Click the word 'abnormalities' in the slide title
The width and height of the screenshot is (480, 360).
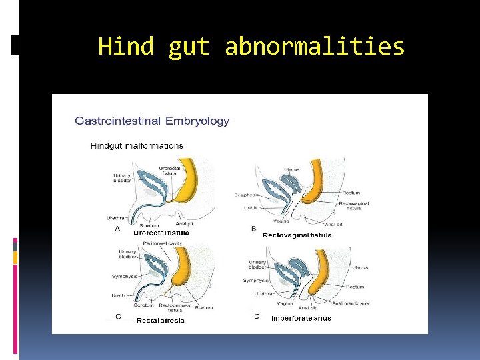315,47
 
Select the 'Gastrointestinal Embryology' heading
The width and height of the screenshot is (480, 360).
152,121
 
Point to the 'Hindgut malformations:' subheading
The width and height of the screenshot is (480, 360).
138,145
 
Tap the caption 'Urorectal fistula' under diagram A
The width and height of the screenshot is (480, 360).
161,233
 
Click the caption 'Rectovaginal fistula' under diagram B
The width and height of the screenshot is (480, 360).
297,235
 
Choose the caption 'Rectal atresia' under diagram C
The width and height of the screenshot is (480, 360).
160,321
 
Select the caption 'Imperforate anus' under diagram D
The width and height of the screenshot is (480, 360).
301,318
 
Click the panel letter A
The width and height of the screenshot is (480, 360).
118,229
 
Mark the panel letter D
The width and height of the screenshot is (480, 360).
257,316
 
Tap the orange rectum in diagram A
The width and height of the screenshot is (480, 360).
188,184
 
